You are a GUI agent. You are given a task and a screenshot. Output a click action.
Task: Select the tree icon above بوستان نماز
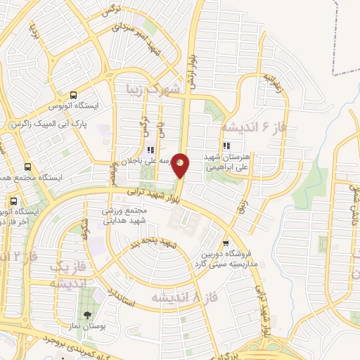[x=87, y=316]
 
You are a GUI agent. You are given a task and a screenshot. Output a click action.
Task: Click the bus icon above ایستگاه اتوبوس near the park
[x=73, y=96]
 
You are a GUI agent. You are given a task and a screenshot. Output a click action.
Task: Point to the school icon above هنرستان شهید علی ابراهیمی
[x=226, y=146]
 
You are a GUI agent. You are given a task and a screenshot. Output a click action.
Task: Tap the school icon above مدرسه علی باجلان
[x=150, y=149]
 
